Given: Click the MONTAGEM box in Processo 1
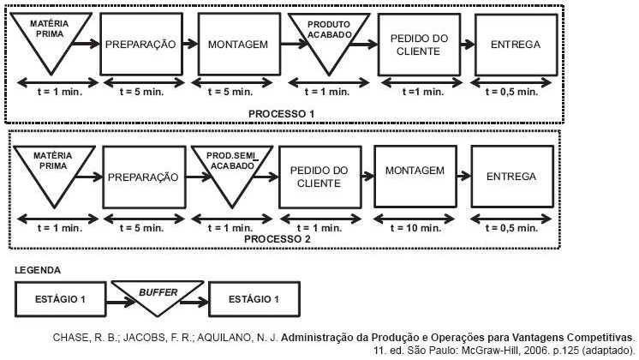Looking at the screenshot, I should pos(234,44).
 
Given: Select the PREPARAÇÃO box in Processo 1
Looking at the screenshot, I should pos(140,44).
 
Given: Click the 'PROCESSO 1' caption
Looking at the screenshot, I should pos(282,112).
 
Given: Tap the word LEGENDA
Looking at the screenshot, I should pos(38,269).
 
